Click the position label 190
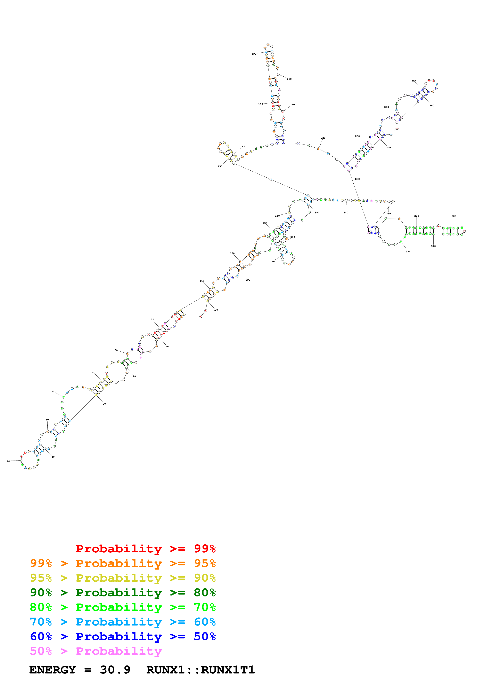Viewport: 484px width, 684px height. (x=254, y=54)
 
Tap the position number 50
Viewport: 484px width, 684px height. (x=9, y=461)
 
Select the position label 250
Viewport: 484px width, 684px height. (x=414, y=81)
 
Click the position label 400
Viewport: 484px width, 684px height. (x=215, y=310)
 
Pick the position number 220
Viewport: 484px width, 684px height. (x=323, y=138)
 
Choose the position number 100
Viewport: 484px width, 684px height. (x=152, y=319)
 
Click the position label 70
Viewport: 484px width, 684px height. (x=53, y=392)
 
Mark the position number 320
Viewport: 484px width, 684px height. (x=408, y=252)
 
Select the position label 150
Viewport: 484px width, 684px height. (x=220, y=166)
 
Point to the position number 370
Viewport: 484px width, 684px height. (x=272, y=261)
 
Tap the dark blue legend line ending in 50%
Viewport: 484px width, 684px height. (x=123, y=636)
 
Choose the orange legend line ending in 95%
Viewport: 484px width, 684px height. (x=123, y=563)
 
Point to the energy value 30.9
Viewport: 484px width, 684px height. (x=115, y=670)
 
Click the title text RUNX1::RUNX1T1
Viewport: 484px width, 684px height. (x=200, y=670)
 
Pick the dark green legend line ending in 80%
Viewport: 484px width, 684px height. (x=123, y=593)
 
